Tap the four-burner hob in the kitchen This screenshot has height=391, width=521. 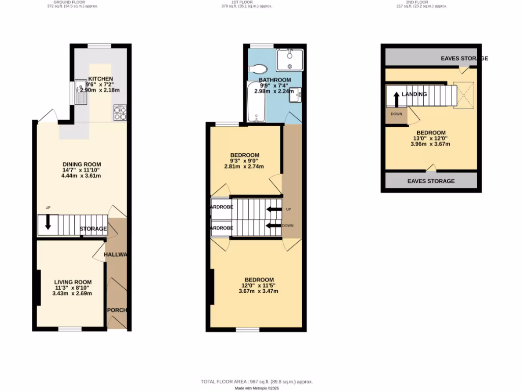pyautogui.click(x=120, y=112)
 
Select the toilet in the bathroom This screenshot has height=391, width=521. pyautogui.click(x=258, y=69)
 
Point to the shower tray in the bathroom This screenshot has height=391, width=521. pyautogui.click(x=289, y=60)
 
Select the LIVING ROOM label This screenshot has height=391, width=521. pyautogui.click(x=73, y=282)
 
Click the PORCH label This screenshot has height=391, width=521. pyautogui.click(x=117, y=310)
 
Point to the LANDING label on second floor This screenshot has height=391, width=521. pyautogui.click(x=414, y=94)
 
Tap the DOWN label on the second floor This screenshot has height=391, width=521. pyautogui.click(x=396, y=114)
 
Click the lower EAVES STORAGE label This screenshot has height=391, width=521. pyautogui.click(x=431, y=181)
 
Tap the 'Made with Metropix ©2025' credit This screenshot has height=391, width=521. pyautogui.click(x=257, y=388)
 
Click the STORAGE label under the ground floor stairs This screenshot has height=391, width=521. pyautogui.click(x=93, y=229)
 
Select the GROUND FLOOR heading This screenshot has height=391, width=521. pyautogui.click(x=72, y=2)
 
